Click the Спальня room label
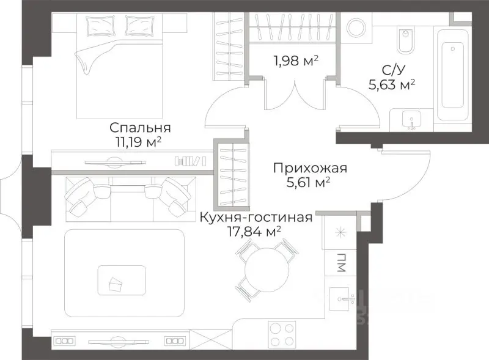point(139,128)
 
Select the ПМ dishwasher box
point(339,264)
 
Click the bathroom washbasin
point(411,120)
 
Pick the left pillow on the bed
point(98,26)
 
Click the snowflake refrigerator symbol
point(339,233)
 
